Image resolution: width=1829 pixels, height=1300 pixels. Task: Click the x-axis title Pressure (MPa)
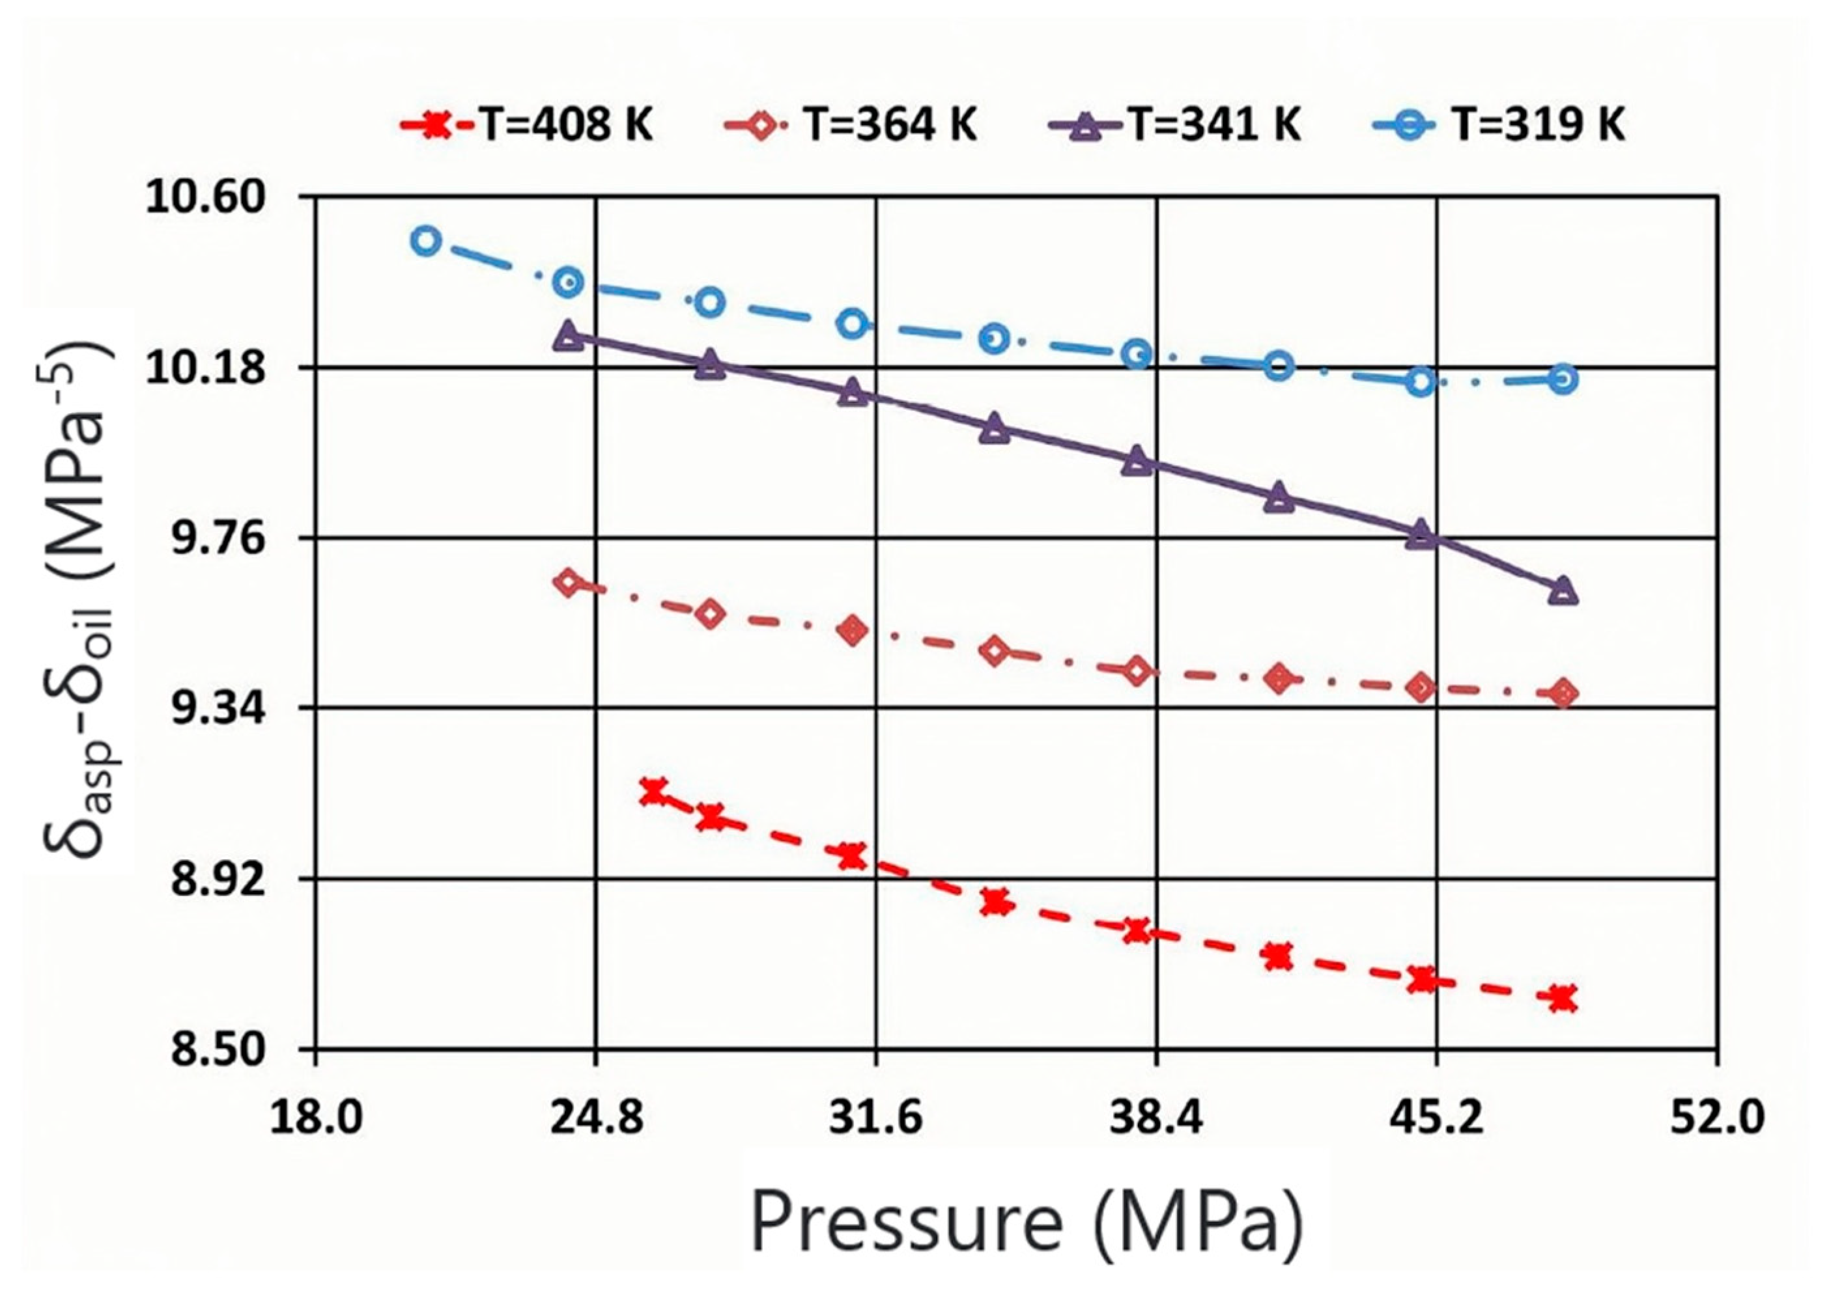(x=1027, y=1240)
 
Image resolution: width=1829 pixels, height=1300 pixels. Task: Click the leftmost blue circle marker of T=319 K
(x=426, y=240)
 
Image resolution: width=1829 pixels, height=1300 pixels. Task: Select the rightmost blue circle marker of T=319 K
(x=1563, y=379)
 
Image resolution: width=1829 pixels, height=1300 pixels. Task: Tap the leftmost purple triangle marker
(x=569, y=335)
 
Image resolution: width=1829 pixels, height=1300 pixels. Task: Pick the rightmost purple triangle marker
(x=1563, y=592)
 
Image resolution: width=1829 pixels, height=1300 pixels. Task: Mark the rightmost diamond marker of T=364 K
(x=1563, y=693)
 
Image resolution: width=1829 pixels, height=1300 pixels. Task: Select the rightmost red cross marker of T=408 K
(x=1563, y=999)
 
